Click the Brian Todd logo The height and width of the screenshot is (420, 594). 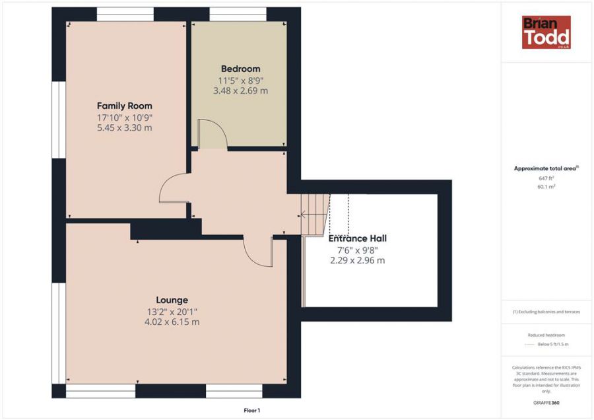(546, 32)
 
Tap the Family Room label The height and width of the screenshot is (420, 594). (124, 106)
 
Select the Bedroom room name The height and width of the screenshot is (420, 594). (240, 69)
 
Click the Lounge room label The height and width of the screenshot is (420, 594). (172, 300)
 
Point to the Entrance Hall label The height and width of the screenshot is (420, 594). (358, 238)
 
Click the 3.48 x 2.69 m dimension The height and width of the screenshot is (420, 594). (240, 90)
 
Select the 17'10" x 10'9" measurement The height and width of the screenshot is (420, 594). (125, 118)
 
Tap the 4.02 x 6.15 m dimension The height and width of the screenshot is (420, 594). (172, 322)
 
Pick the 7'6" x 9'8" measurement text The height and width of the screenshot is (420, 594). (358, 250)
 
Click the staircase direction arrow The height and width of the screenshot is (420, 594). (313, 215)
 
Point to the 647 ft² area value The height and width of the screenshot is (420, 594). (546, 178)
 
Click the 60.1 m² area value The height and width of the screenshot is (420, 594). (546, 186)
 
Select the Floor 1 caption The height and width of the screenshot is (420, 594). (252, 411)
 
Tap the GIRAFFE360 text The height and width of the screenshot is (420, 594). (546, 403)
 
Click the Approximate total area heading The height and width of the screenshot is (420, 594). (546, 168)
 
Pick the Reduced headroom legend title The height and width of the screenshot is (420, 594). (546, 335)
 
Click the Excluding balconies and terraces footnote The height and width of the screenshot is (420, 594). (546, 312)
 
